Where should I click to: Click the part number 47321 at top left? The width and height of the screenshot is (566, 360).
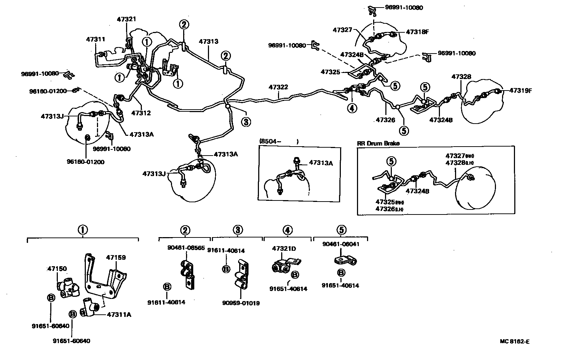point(126,19)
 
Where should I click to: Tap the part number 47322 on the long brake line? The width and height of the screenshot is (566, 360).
point(278,87)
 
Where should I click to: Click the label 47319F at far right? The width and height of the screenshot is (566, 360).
point(520,91)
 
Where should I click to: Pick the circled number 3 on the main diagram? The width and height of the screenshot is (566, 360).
point(246,122)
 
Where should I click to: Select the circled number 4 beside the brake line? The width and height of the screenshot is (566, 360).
point(352,107)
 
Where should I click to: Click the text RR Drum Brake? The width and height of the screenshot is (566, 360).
point(378,143)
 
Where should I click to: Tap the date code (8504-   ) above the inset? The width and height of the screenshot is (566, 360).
point(279,142)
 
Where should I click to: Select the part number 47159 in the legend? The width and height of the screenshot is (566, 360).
point(116,258)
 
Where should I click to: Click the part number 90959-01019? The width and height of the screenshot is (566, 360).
point(241,303)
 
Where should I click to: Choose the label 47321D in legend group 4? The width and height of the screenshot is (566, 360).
point(284,248)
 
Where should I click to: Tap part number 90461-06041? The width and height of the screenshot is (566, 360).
point(341,244)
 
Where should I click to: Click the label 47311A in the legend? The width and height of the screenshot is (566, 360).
point(119,315)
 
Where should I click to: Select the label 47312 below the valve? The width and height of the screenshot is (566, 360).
point(141,113)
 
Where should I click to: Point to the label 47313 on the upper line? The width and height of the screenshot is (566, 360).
point(208,42)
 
